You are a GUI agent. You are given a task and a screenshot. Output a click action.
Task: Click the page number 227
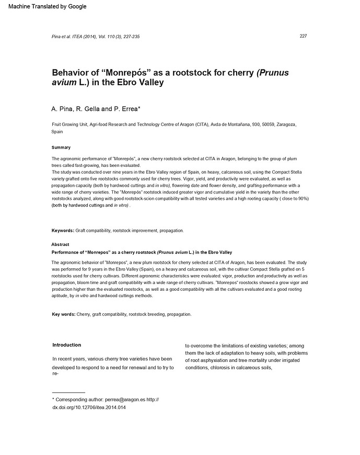(303, 36)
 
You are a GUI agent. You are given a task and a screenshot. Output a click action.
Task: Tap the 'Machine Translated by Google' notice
(48, 6)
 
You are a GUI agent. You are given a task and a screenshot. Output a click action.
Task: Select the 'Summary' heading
(61, 147)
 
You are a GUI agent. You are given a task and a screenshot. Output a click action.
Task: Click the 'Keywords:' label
(63, 231)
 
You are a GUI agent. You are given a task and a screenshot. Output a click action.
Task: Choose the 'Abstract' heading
(60, 245)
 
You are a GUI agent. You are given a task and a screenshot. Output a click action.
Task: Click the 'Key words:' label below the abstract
(64, 314)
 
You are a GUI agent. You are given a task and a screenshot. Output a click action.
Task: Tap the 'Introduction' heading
(67, 345)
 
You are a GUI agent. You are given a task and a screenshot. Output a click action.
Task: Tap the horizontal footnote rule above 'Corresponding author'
(68, 392)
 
